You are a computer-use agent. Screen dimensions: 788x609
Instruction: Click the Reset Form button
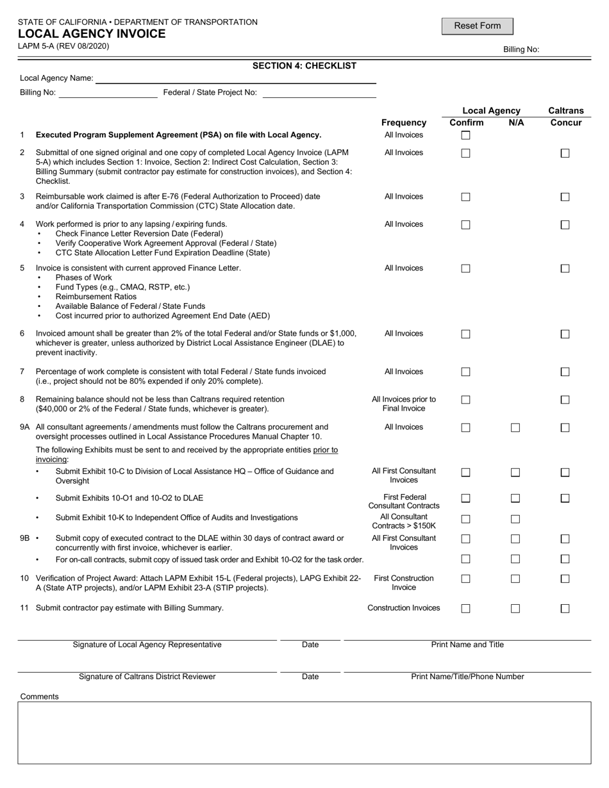tap(477, 26)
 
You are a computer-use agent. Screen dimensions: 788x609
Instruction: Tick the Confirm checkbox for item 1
tap(466, 136)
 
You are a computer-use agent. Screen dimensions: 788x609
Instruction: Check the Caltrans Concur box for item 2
tap(565, 153)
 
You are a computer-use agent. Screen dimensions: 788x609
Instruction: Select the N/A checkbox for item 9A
tap(515, 428)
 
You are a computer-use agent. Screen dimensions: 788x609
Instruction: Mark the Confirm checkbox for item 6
tap(466, 334)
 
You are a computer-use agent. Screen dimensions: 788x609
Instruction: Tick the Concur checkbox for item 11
tap(565, 609)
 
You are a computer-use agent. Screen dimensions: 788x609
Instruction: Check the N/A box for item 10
tap(515, 579)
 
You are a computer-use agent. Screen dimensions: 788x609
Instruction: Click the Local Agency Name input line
tap(235, 79)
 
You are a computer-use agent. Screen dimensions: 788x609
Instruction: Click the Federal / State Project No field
tap(319, 93)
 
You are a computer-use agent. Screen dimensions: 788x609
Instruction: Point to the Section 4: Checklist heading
tap(304, 65)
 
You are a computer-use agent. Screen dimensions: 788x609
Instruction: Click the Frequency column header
tap(403, 122)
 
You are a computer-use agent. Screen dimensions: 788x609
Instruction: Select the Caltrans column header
tap(565, 111)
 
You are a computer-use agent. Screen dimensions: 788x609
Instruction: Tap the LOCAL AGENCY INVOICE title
tap(91, 34)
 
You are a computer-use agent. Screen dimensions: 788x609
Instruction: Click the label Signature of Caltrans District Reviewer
tap(147, 677)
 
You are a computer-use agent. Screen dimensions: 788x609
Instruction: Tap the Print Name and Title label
tap(467, 644)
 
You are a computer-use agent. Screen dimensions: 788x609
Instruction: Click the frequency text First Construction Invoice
tap(403, 583)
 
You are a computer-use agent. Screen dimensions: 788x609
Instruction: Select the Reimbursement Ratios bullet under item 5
tap(96, 297)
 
